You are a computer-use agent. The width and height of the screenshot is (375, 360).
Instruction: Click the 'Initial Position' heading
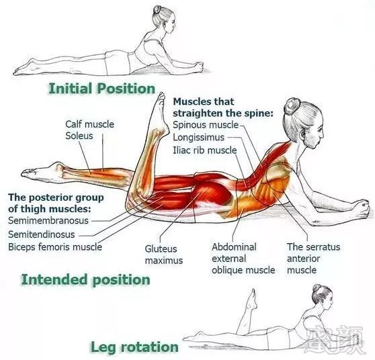point(102,89)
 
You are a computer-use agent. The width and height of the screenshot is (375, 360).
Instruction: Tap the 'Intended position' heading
point(85,279)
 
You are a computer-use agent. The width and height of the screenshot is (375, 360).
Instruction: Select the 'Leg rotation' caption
point(134,347)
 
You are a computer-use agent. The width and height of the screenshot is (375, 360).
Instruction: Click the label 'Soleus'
point(79,136)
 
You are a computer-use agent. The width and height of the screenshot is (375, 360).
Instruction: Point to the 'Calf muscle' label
point(89,124)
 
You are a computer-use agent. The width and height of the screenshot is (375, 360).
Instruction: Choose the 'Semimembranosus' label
point(48,220)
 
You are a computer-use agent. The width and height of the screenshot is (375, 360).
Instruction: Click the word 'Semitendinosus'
point(42,234)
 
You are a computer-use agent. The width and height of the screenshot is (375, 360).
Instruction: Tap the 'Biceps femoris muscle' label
point(55,246)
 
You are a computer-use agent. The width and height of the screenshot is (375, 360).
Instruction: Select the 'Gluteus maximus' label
point(164,255)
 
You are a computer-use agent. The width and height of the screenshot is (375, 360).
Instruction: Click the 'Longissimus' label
point(199,138)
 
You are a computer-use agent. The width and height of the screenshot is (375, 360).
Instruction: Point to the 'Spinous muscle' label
point(206,125)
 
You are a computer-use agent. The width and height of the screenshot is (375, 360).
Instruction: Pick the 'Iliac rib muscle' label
point(205,150)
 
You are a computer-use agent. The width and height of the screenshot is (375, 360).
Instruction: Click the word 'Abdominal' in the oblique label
point(234,247)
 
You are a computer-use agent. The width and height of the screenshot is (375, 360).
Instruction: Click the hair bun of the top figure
point(157,9)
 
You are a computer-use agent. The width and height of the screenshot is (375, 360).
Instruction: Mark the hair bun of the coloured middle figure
point(292,106)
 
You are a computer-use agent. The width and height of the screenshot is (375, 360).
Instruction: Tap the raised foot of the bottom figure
point(252,300)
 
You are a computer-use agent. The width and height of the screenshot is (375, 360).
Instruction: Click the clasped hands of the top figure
point(198,66)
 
